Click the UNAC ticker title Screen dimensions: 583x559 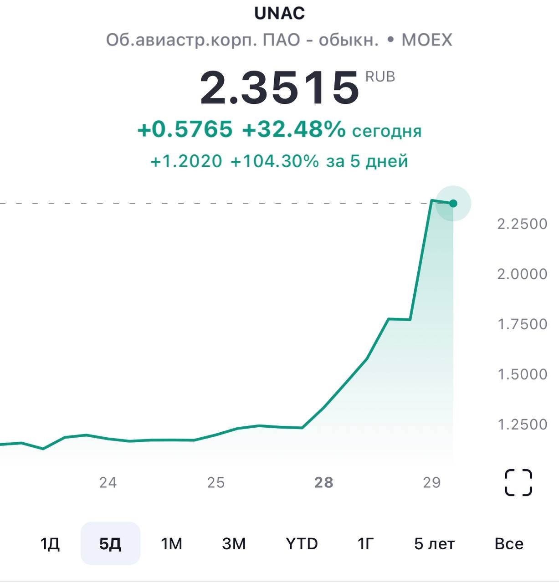[279, 13]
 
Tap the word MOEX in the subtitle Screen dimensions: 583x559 [426, 40]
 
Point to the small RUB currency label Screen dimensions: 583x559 [380, 77]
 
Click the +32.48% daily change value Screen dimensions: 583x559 [294, 130]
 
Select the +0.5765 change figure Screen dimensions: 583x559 [185, 130]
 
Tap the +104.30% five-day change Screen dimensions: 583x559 [275, 161]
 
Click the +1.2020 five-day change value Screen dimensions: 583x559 [186, 161]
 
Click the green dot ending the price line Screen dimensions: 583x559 [453, 203]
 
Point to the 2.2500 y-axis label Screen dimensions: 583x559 [522, 224]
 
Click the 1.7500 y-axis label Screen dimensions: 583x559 [522, 324]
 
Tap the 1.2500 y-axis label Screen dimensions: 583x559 [522, 424]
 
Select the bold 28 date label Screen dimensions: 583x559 [324, 482]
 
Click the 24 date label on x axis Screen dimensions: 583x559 [108, 482]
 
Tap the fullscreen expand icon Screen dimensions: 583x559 [518, 482]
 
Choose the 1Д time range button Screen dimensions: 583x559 [50, 544]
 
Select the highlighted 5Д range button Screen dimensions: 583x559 [110, 543]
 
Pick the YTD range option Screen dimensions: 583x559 [302, 544]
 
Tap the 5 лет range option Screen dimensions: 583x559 [434, 544]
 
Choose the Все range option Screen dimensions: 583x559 [509, 544]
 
